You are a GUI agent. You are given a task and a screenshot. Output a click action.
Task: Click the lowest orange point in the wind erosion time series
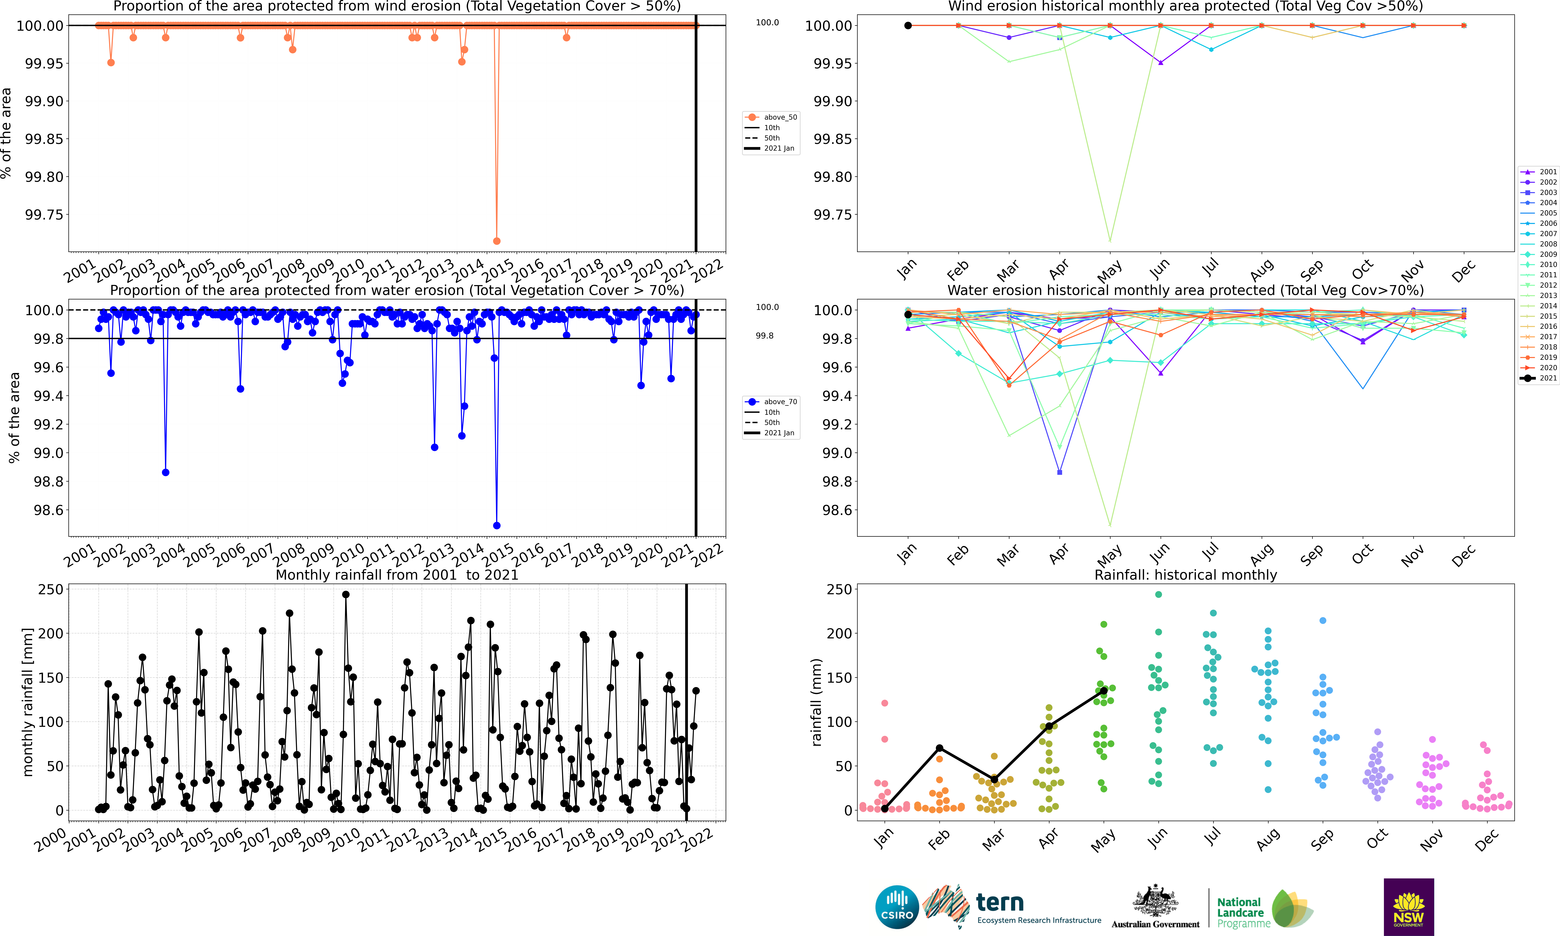pos(496,241)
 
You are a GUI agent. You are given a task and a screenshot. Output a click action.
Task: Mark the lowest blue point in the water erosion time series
pos(496,525)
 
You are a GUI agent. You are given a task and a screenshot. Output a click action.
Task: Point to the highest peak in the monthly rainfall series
pos(346,594)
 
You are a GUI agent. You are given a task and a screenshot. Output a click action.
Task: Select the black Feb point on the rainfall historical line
pos(939,748)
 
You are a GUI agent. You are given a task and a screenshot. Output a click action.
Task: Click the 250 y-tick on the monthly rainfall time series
pos(51,589)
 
